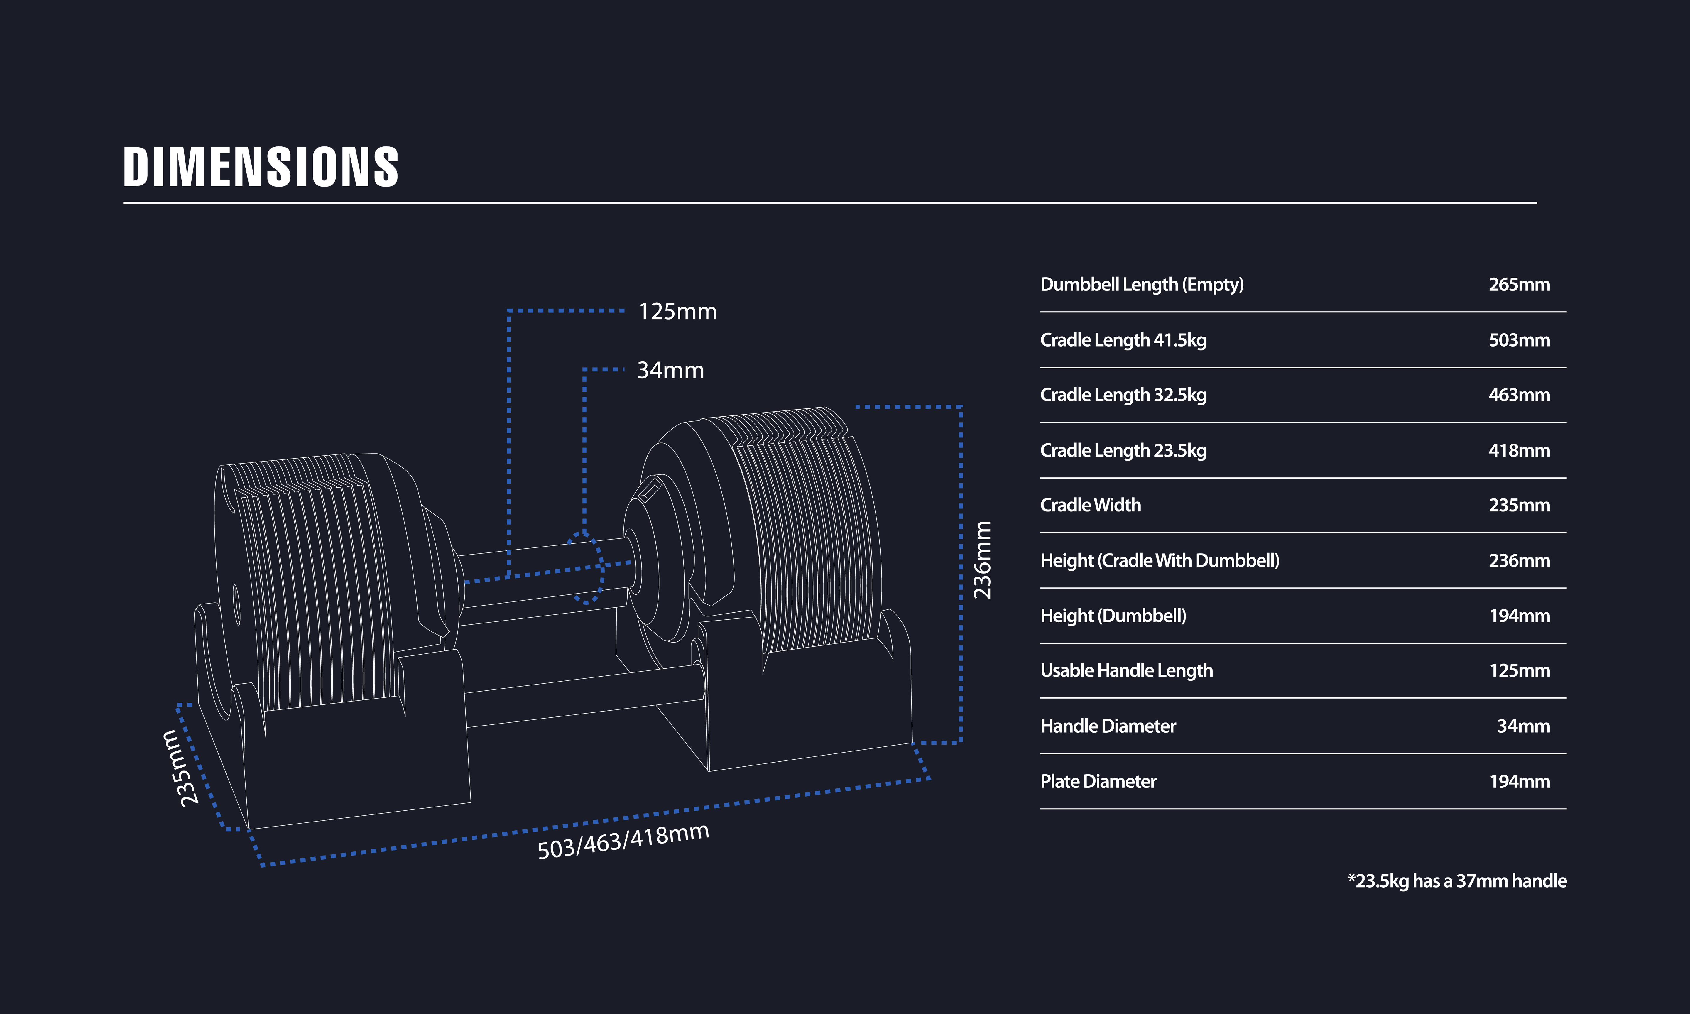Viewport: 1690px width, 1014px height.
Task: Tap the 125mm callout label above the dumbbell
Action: click(x=677, y=312)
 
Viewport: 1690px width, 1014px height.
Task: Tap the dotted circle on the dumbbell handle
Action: click(x=585, y=568)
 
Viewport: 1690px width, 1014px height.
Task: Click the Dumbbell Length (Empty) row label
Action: click(x=1141, y=284)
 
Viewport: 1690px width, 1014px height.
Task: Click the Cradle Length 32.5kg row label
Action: click(x=1123, y=395)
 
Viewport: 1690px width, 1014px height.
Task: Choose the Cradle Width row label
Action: click(x=1090, y=505)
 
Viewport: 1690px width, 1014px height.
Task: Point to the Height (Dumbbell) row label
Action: click(x=1113, y=616)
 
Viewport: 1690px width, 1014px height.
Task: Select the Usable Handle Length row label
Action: click(x=1126, y=670)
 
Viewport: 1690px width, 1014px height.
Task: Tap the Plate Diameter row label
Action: click(x=1098, y=781)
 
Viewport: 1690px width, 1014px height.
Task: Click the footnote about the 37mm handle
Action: click(x=1456, y=881)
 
